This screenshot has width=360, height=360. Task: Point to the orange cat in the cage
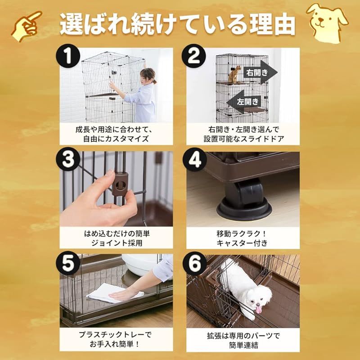[x=234, y=74]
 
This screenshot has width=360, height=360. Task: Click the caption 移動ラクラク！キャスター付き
[x=242, y=238]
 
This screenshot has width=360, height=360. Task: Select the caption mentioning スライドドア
[x=242, y=134]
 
